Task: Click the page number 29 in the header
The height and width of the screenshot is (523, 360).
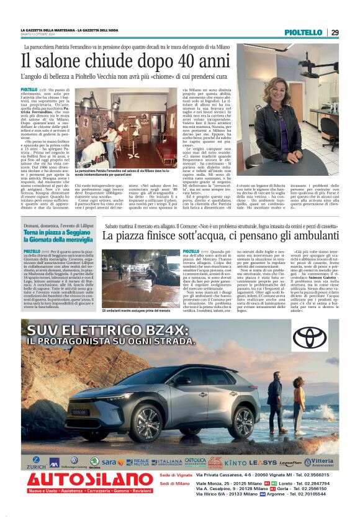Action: point(335,32)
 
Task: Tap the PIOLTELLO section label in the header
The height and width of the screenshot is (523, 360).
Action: point(304,32)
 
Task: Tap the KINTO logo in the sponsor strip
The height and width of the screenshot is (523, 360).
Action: point(235,463)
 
